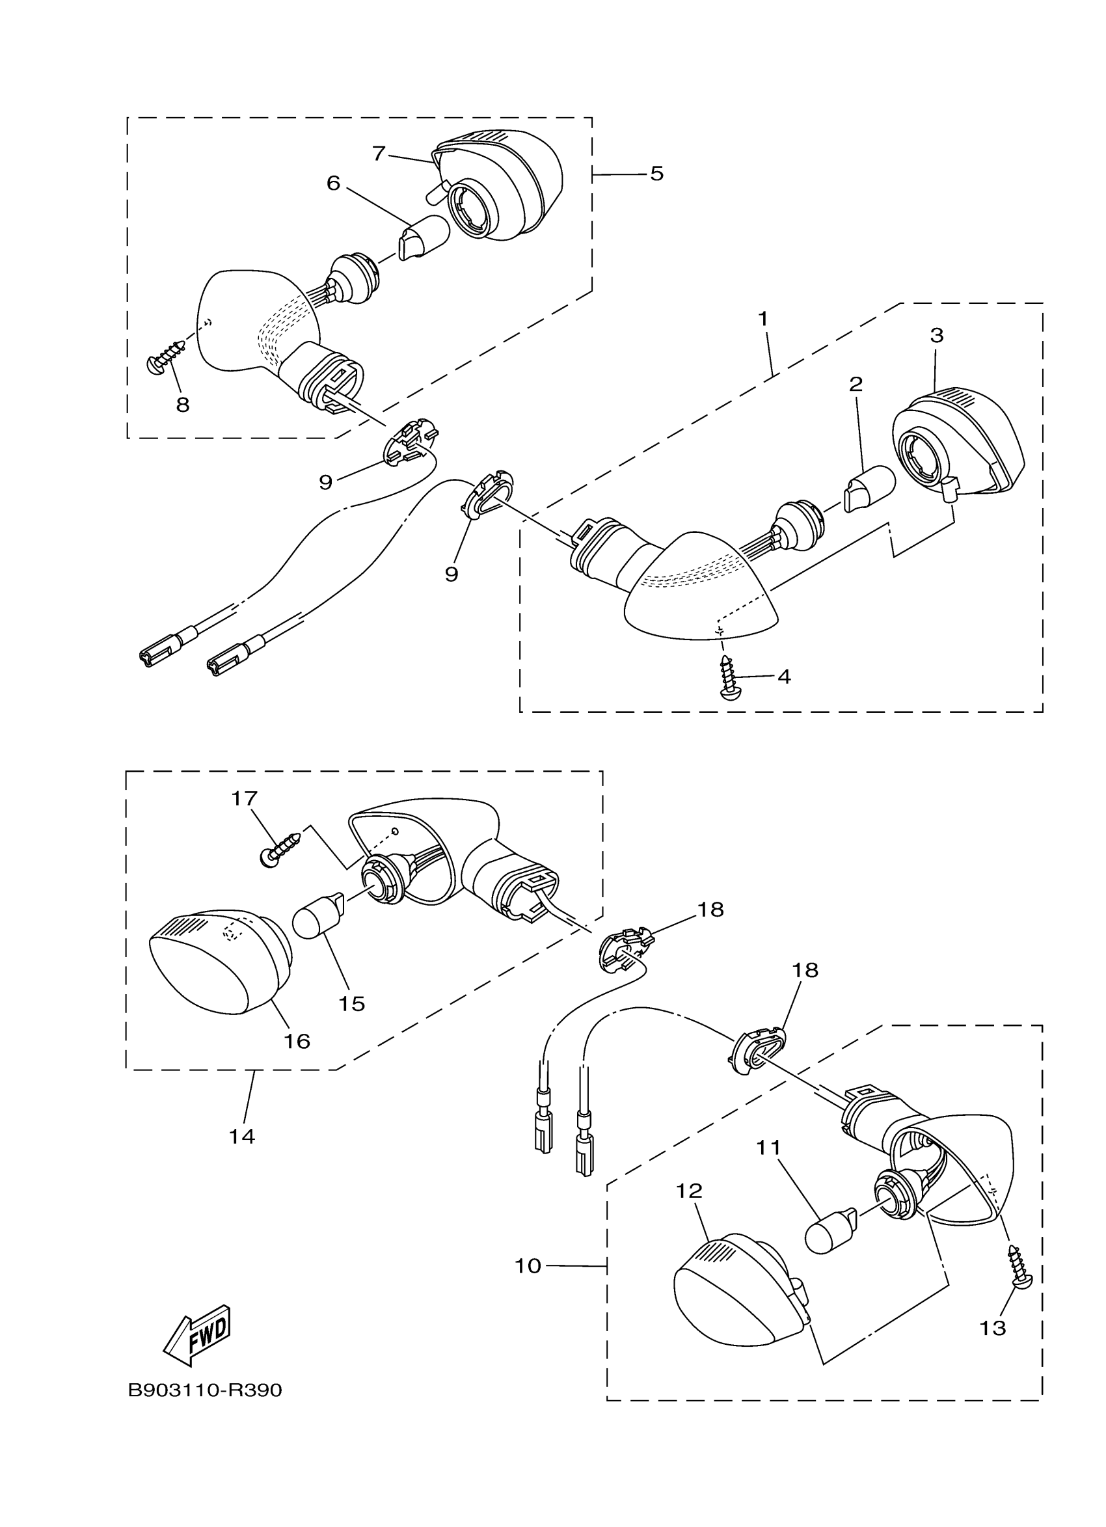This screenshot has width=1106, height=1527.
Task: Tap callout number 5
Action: pyautogui.click(x=656, y=174)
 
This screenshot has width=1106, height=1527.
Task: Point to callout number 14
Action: pyautogui.click(x=241, y=1137)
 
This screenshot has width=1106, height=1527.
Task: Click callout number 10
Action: pyautogui.click(x=528, y=1265)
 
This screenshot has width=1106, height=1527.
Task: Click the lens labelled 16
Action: pyautogui.click(x=219, y=969)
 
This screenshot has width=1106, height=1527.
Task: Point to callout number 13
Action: pyautogui.click(x=992, y=1328)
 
